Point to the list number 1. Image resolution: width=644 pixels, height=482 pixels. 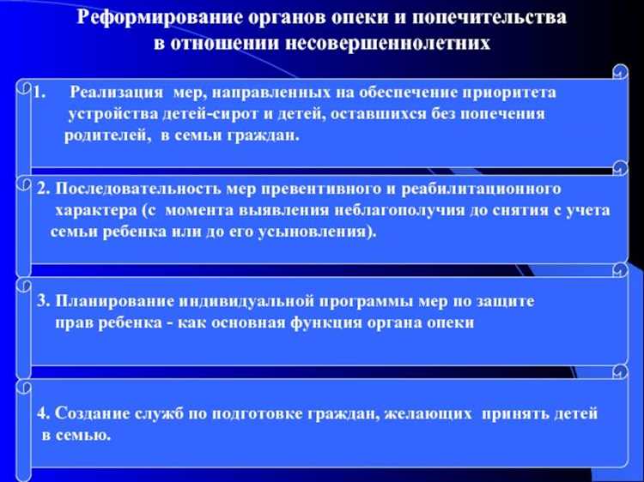[x=38, y=92]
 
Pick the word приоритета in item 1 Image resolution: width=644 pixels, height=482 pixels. [x=513, y=92]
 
